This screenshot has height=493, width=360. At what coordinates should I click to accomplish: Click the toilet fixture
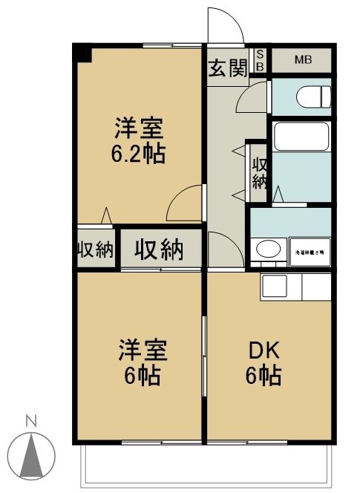coord(307,97)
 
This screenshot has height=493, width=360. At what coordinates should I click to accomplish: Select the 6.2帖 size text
coord(139,154)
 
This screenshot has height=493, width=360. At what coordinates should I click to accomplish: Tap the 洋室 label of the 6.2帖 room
coord(139,129)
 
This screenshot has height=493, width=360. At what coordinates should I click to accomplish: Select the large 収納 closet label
coord(159,249)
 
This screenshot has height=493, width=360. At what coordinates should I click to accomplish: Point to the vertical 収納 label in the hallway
coord(259,172)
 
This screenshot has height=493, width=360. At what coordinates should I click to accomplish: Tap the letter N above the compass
coord(31,420)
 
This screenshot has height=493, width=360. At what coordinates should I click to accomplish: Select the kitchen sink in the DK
coord(275,285)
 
